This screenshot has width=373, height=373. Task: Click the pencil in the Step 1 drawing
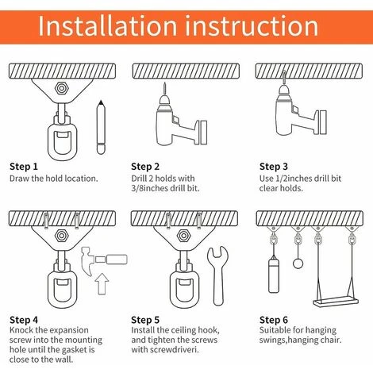[x=101, y=125]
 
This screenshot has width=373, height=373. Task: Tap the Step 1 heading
[x=24, y=167]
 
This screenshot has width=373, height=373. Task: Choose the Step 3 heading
[x=274, y=167]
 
